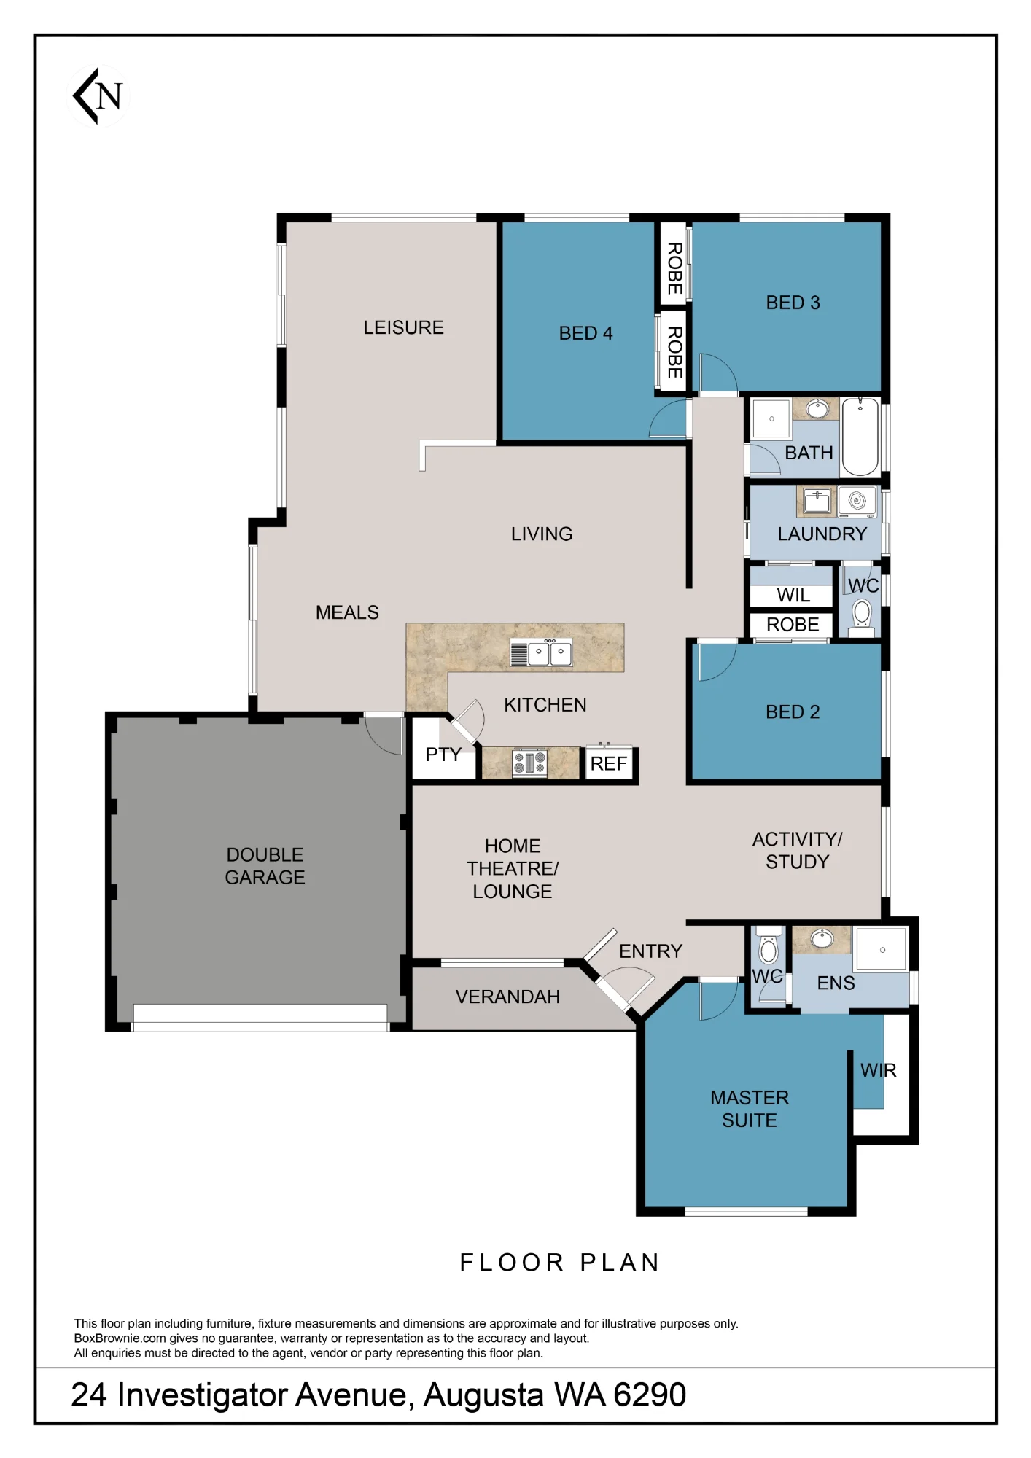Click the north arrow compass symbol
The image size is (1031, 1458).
point(98,95)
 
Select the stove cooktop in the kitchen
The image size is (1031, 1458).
point(530,763)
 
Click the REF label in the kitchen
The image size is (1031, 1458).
point(608,763)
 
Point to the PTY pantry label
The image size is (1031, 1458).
point(443,754)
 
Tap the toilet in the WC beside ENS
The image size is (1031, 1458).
point(769,946)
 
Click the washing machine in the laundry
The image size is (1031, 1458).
point(857,501)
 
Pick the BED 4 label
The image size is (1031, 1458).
point(585,333)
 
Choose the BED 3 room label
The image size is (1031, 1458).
point(793,303)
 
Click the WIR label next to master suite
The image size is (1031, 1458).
point(879,1070)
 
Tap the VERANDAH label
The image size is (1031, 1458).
point(507,997)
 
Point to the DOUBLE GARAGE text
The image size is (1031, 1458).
point(265,865)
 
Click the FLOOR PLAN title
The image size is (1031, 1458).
point(560,1262)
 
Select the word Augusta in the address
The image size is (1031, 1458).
point(483,1395)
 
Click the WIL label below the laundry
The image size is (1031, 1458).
point(793,596)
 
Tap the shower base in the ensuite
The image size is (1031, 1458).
point(882,949)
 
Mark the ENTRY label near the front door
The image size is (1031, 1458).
point(650,951)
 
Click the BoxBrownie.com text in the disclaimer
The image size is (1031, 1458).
point(120,1338)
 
